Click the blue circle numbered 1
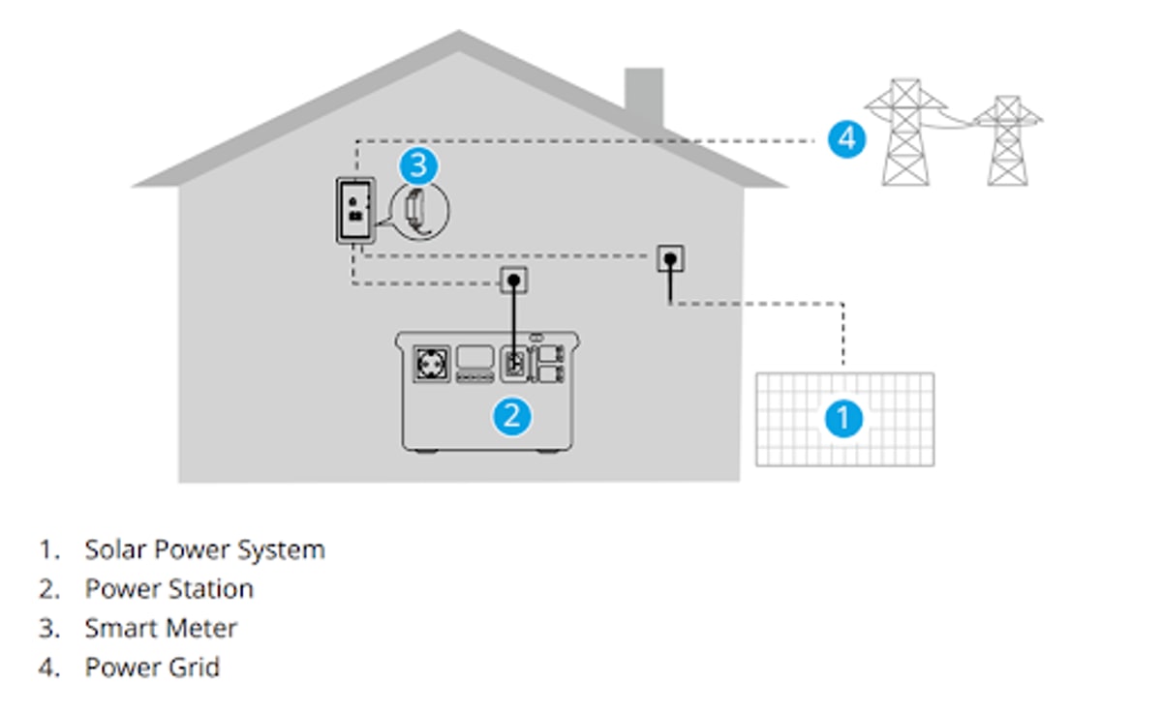[843, 419]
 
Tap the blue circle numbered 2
[512, 416]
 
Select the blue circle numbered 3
[417, 165]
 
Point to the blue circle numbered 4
[847, 139]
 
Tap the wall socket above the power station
[514, 281]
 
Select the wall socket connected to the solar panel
[670, 259]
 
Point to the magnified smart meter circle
[420, 208]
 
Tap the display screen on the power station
[475, 357]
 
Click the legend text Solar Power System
[204, 549]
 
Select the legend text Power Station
[168, 588]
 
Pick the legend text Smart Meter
[161, 628]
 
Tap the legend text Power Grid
[152, 667]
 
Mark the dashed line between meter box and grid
[581, 141]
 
